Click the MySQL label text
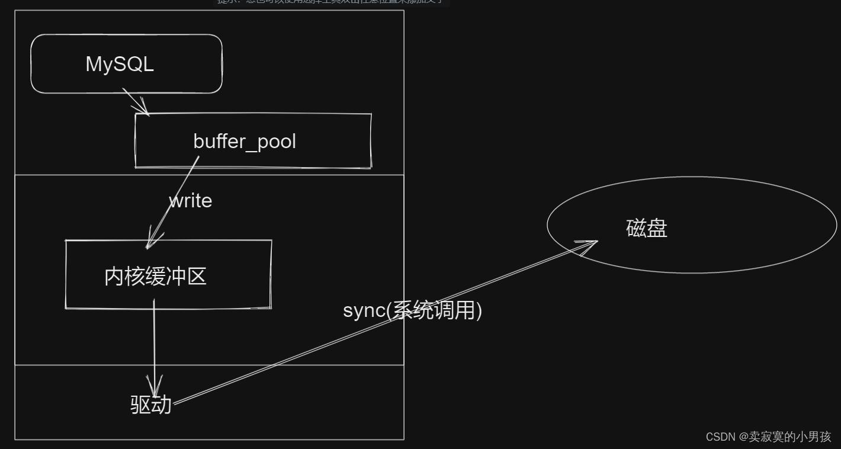point(120,64)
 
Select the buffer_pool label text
point(244,142)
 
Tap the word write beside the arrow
point(191,201)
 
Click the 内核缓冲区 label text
point(155,276)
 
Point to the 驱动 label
point(151,405)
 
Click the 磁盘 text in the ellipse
point(647,228)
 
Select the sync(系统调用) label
point(412,310)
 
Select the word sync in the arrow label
point(364,310)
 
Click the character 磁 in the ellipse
point(636,228)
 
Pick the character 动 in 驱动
point(161,405)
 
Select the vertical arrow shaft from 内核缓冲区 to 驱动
point(155,344)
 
